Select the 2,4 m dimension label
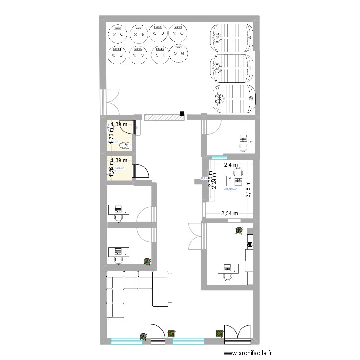(x=230, y=165)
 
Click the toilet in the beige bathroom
(x=124, y=145)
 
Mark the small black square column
(x=181, y=114)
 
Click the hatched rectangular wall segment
(x=162, y=117)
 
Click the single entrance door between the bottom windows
(x=158, y=334)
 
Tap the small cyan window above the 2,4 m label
(x=218, y=156)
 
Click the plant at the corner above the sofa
(x=147, y=262)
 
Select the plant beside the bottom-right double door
(x=219, y=333)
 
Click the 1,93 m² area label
(x=120, y=168)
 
